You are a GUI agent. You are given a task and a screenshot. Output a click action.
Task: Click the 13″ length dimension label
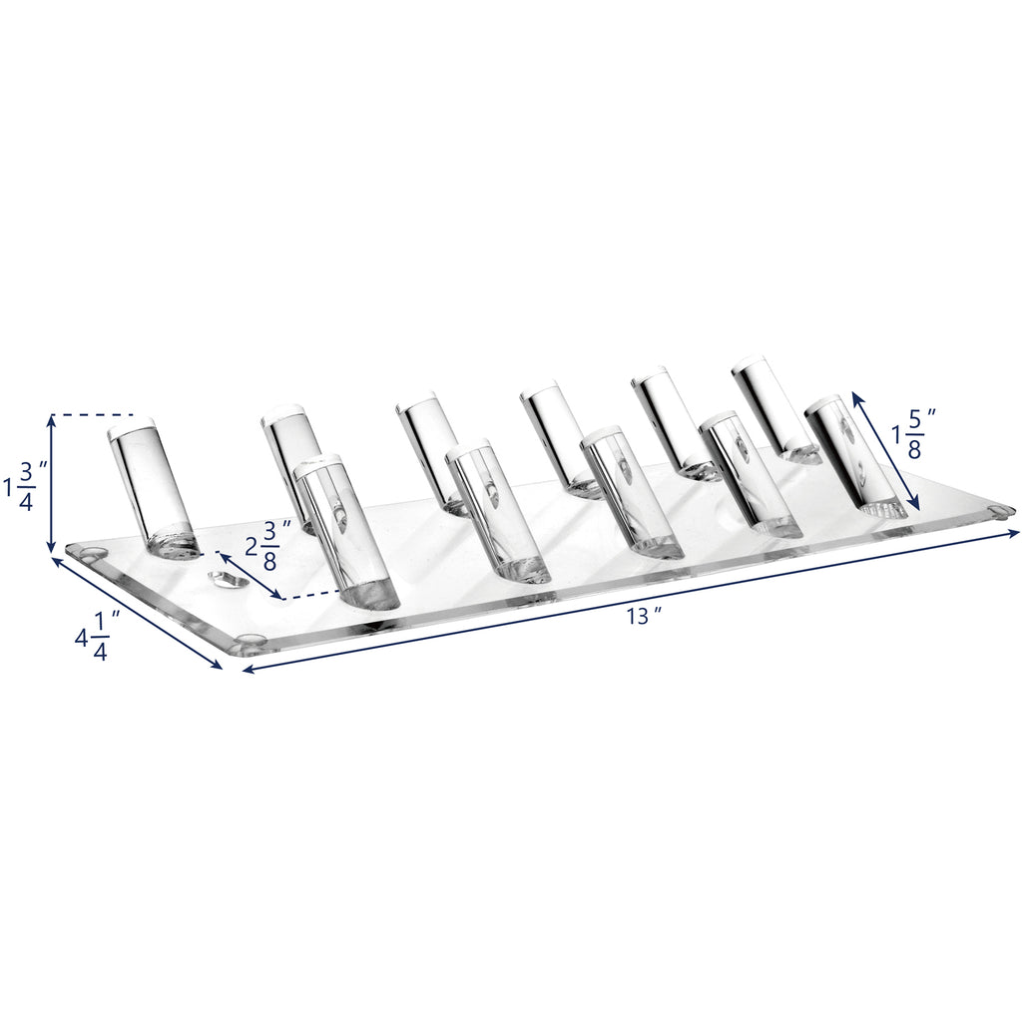click(x=645, y=616)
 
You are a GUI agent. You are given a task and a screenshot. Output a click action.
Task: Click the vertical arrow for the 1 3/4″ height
click(x=51, y=483)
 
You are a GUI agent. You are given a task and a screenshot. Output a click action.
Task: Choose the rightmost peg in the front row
click(x=855, y=457)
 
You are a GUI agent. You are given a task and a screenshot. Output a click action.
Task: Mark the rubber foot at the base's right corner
click(x=1001, y=511)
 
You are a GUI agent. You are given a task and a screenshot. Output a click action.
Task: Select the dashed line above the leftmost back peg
click(x=95, y=414)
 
